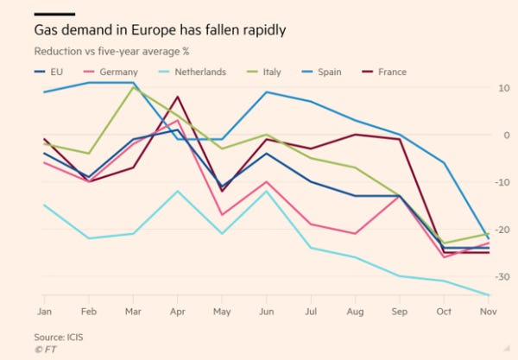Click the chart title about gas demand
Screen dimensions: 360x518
pos(160,30)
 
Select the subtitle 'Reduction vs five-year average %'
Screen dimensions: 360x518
pos(111,51)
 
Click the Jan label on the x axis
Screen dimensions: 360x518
pos(43,309)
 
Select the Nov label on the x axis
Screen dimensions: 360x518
pos(488,309)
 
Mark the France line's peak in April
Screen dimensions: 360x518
pos(177,97)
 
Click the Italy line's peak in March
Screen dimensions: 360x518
pos(132,87)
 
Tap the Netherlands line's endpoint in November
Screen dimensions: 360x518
pos(488,295)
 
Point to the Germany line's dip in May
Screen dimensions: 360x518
pos(222,215)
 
